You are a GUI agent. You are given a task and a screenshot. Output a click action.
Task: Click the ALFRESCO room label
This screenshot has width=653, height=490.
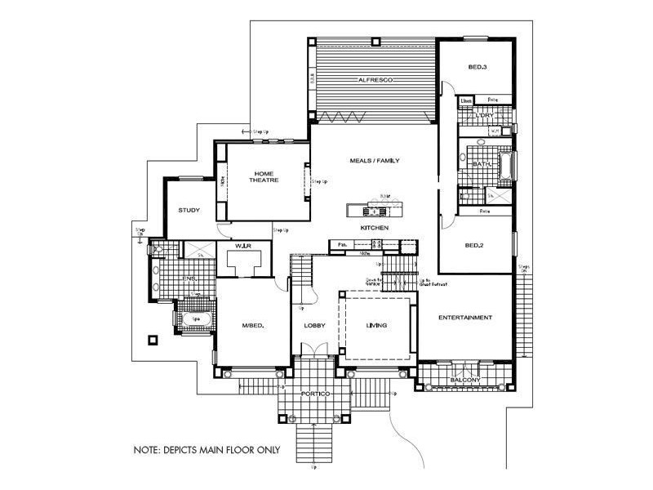click(376, 80)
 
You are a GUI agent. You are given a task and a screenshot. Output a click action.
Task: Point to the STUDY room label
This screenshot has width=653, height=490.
click(189, 210)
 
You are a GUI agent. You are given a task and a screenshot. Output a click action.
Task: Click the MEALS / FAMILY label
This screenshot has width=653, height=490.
click(374, 161)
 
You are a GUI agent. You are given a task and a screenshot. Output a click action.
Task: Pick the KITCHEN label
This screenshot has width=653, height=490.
click(375, 226)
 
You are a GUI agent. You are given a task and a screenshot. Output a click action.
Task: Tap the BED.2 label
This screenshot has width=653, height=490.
click(476, 245)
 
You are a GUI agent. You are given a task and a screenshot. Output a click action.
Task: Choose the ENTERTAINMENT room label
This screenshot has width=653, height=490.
click(464, 317)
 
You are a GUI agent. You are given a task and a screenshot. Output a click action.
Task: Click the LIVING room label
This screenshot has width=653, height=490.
click(376, 326)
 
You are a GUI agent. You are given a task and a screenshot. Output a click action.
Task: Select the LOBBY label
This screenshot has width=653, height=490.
click(315, 326)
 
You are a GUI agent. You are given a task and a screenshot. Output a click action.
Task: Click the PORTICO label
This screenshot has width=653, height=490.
click(314, 394)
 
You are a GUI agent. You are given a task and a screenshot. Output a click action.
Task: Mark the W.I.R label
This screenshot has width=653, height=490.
click(242, 245)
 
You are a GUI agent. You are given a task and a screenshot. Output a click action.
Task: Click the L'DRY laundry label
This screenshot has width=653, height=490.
click(484, 116)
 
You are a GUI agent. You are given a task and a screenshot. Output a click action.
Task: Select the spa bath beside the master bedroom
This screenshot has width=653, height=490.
click(193, 319)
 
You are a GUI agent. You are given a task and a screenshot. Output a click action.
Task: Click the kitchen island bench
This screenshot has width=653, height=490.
click(375, 207)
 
